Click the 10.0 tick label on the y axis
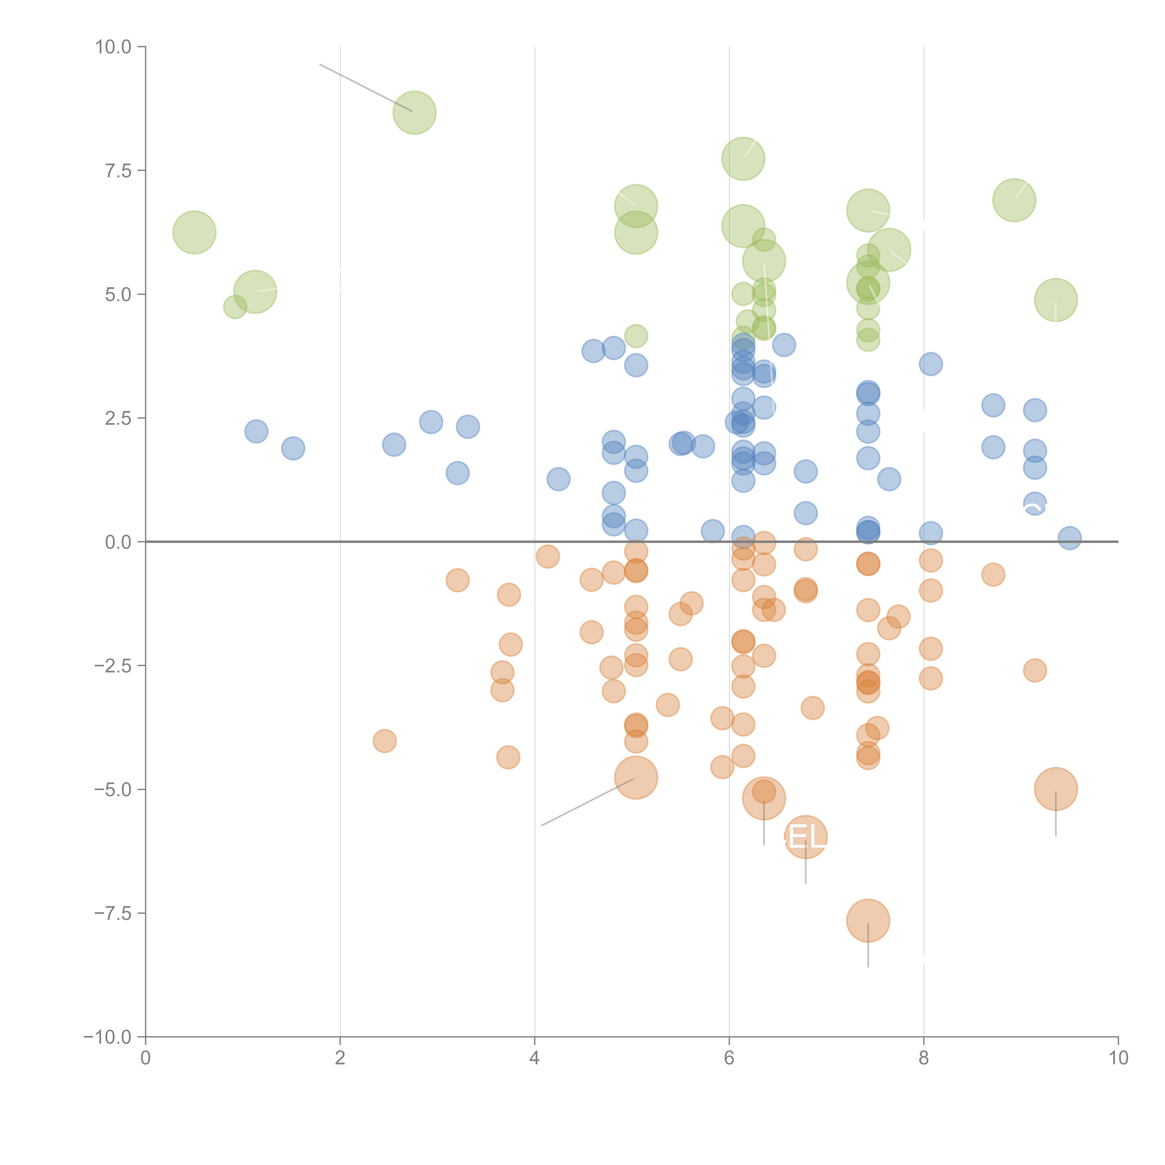(113, 47)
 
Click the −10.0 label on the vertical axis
(107, 1037)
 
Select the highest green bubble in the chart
(414, 113)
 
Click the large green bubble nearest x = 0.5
(194, 232)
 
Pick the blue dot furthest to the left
(256, 431)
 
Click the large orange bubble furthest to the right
(1055, 789)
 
